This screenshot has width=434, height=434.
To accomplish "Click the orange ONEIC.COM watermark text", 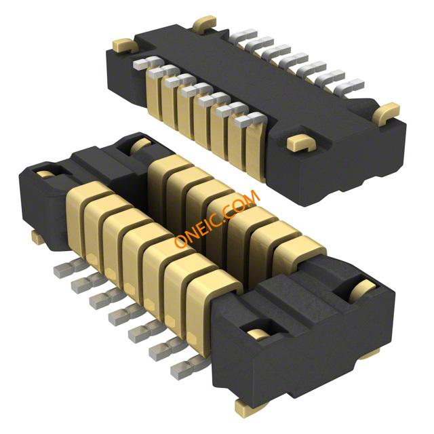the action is [217, 218].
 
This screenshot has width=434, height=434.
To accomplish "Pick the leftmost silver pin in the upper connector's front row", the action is [147, 63].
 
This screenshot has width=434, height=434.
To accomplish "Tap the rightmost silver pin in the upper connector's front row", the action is [250, 119].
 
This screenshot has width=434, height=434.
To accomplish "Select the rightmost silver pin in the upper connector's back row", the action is [349, 86].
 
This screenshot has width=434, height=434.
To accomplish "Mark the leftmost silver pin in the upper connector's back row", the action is [243, 35].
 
